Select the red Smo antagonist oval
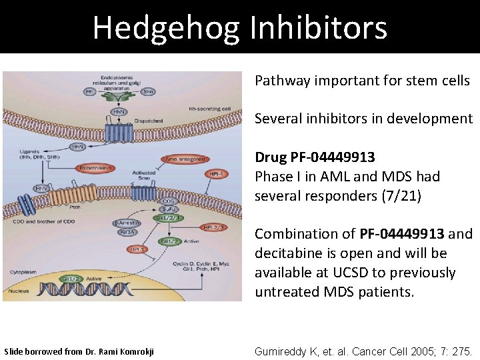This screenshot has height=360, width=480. coord(189,159)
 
